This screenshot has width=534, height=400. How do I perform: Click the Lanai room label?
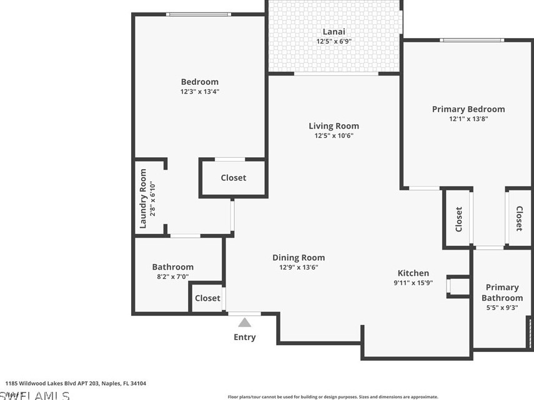(x=334, y=32)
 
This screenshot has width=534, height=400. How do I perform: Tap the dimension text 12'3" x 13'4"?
(x=199, y=92)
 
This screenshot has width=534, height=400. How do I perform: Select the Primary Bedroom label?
(x=468, y=109)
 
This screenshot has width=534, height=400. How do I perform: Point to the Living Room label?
(x=334, y=126)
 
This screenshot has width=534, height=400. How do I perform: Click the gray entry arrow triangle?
(x=245, y=322)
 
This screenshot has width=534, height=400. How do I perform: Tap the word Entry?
(x=245, y=338)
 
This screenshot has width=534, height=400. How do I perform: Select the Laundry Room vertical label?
(x=143, y=198)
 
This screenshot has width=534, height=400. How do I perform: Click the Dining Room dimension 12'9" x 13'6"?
(x=299, y=268)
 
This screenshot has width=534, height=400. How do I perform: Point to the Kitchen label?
(x=413, y=273)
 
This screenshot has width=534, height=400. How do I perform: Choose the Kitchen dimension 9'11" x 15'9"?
(x=413, y=283)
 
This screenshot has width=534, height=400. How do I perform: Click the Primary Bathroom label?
(x=502, y=293)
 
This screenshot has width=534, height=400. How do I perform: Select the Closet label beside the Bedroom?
(x=233, y=178)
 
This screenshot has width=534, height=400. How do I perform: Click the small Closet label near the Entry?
(x=207, y=298)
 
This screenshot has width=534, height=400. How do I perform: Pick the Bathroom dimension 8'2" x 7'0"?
(x=172, y=276)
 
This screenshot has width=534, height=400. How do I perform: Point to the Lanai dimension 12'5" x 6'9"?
(x=334, y=42)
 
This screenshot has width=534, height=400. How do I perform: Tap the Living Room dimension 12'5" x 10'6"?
(x=334, y=136)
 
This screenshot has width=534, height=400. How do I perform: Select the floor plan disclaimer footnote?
(x=333, y=397)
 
